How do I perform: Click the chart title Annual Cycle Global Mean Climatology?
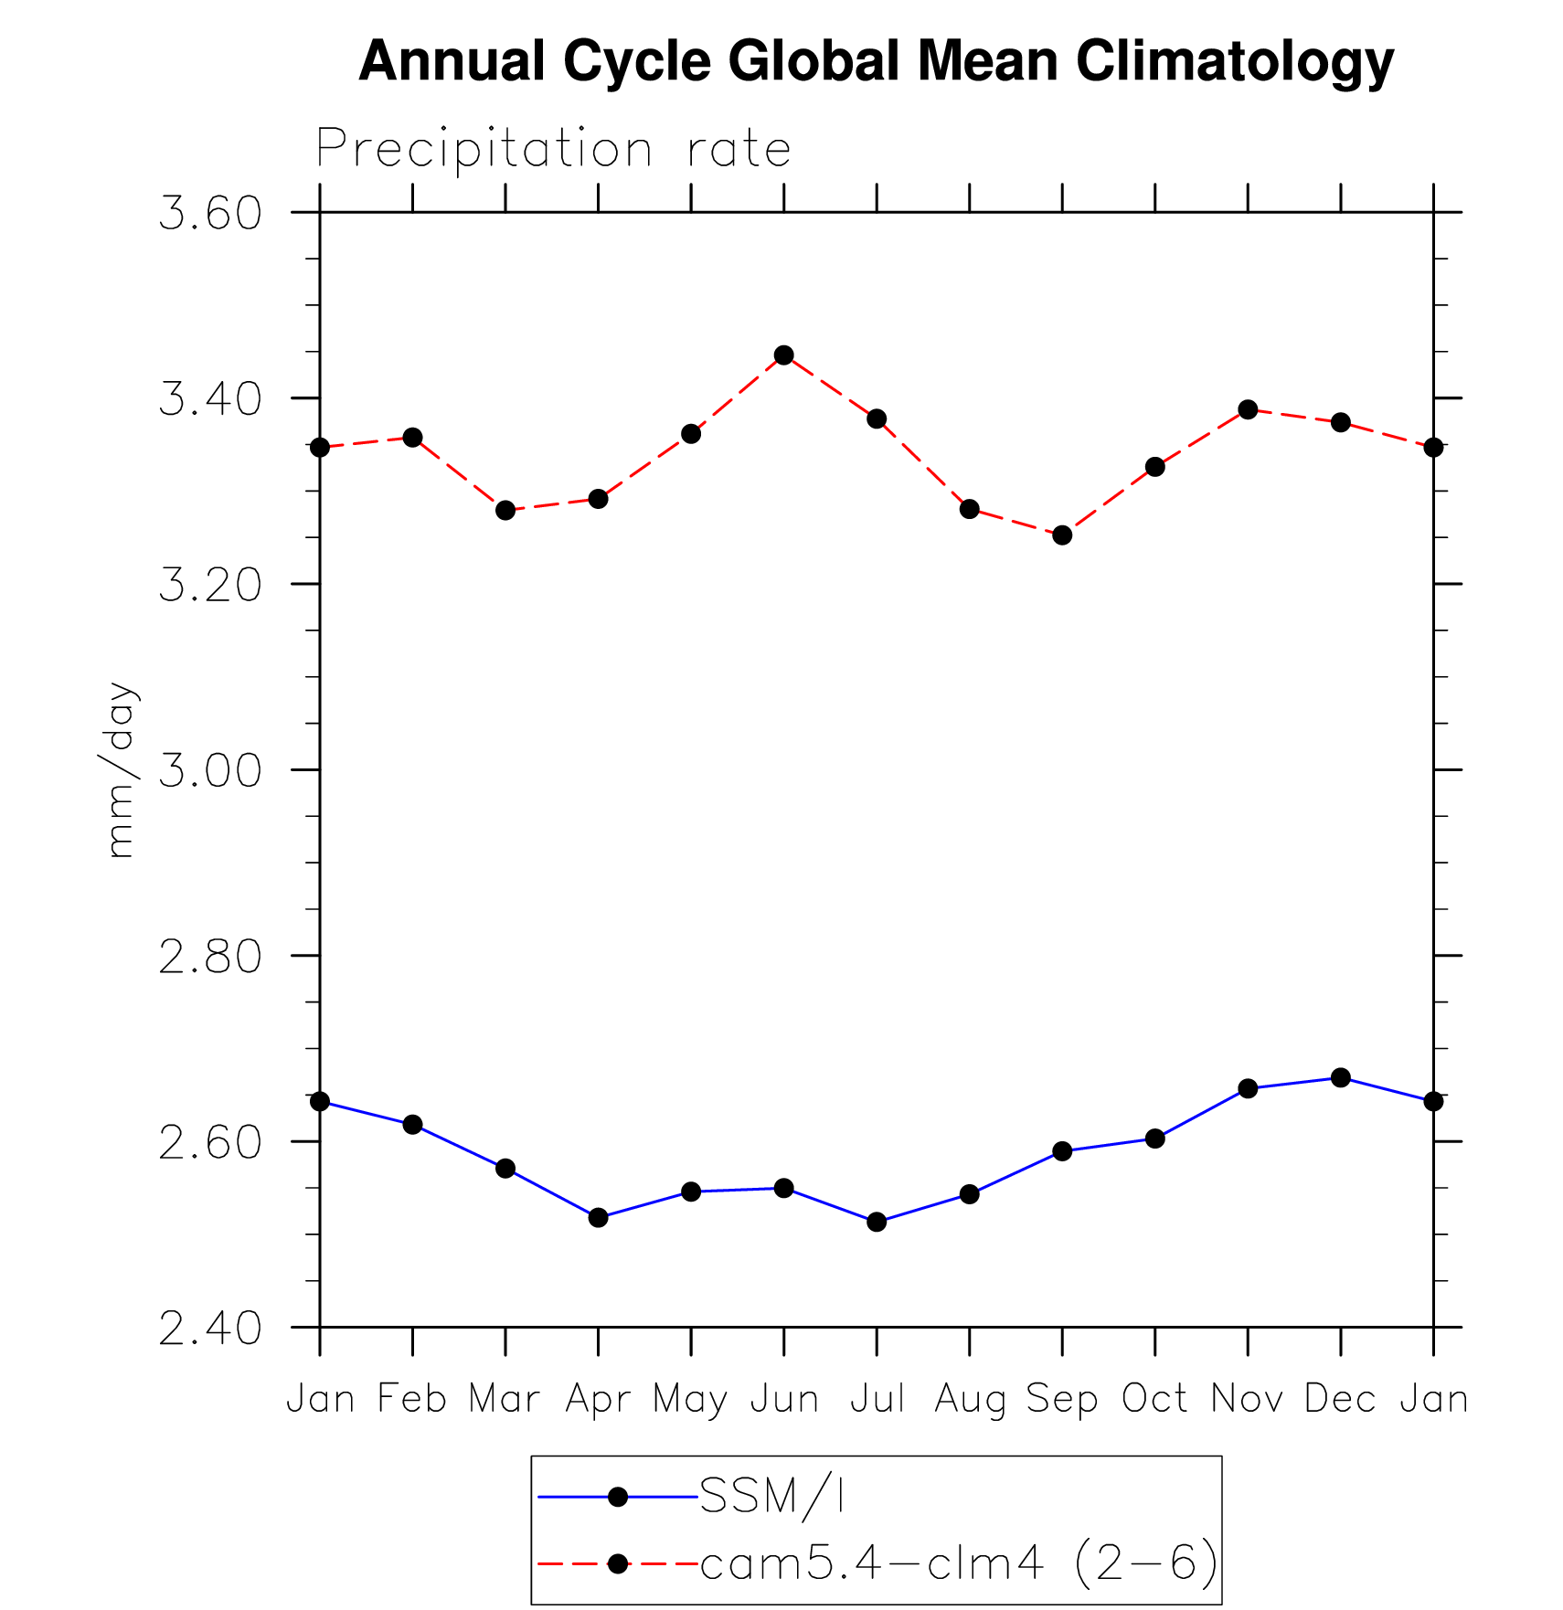[x=876, y=62]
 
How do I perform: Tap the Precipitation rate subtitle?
[x=553, y=149]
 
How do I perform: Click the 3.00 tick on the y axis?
[x=210, y=770]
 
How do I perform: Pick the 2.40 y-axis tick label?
[x=210, y=1328]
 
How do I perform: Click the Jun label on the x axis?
[x=784, y=1399]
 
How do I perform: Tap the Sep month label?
[x=1062, y=1399]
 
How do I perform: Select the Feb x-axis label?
[x=412, y=1399]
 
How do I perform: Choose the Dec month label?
[x=1340, y=1399]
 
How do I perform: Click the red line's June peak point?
[x=784, y=355]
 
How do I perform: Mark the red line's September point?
[x=1062, y=535]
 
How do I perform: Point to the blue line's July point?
[x=877, y=1222]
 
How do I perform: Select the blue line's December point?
[x=1341, y=1078]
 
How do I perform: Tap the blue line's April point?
[x=599, y=1217]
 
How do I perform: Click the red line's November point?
[x=1248, y=409]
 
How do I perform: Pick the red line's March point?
[x=505, y=510]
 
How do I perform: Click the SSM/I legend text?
[x=772, y=1497]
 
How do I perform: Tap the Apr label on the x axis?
[x=599, y=1399]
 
